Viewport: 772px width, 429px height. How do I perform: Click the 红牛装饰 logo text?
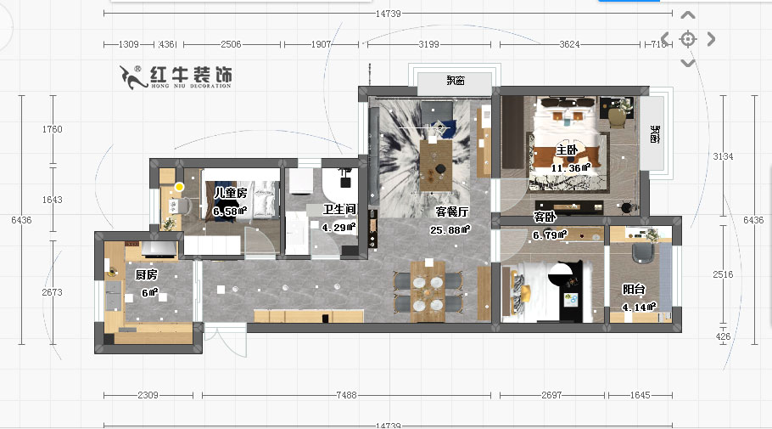(x=189, y=76)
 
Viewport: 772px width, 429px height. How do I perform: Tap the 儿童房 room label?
(x=229, y=194)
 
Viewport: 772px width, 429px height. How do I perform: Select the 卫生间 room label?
(x=338, y=209)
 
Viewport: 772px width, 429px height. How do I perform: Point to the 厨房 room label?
(x=146, y=274)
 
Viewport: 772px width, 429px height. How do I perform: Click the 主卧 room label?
(x=566, y=151)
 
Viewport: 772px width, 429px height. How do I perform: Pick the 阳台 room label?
(x=633, y=289)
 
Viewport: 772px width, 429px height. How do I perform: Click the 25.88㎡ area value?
(x=450, y=229)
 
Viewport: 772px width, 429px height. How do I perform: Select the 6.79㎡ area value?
(x=549, y=235)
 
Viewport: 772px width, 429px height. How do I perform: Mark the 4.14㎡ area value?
(x=639, y=308)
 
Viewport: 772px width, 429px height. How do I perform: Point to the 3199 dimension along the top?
(x=429, y=44)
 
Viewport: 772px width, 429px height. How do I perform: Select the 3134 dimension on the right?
(x=722, y=156)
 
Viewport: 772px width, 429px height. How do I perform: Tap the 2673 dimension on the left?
(x=53, y=292)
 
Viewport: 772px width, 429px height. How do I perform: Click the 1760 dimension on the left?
(x=53, y=129)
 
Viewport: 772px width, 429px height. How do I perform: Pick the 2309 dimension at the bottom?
(x=149, y=395)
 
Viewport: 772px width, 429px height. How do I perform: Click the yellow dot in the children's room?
(x=179, y=187)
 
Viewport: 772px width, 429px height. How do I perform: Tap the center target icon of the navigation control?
(x=687, y=39)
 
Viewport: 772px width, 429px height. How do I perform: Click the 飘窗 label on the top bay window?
(x=456, y=82)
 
